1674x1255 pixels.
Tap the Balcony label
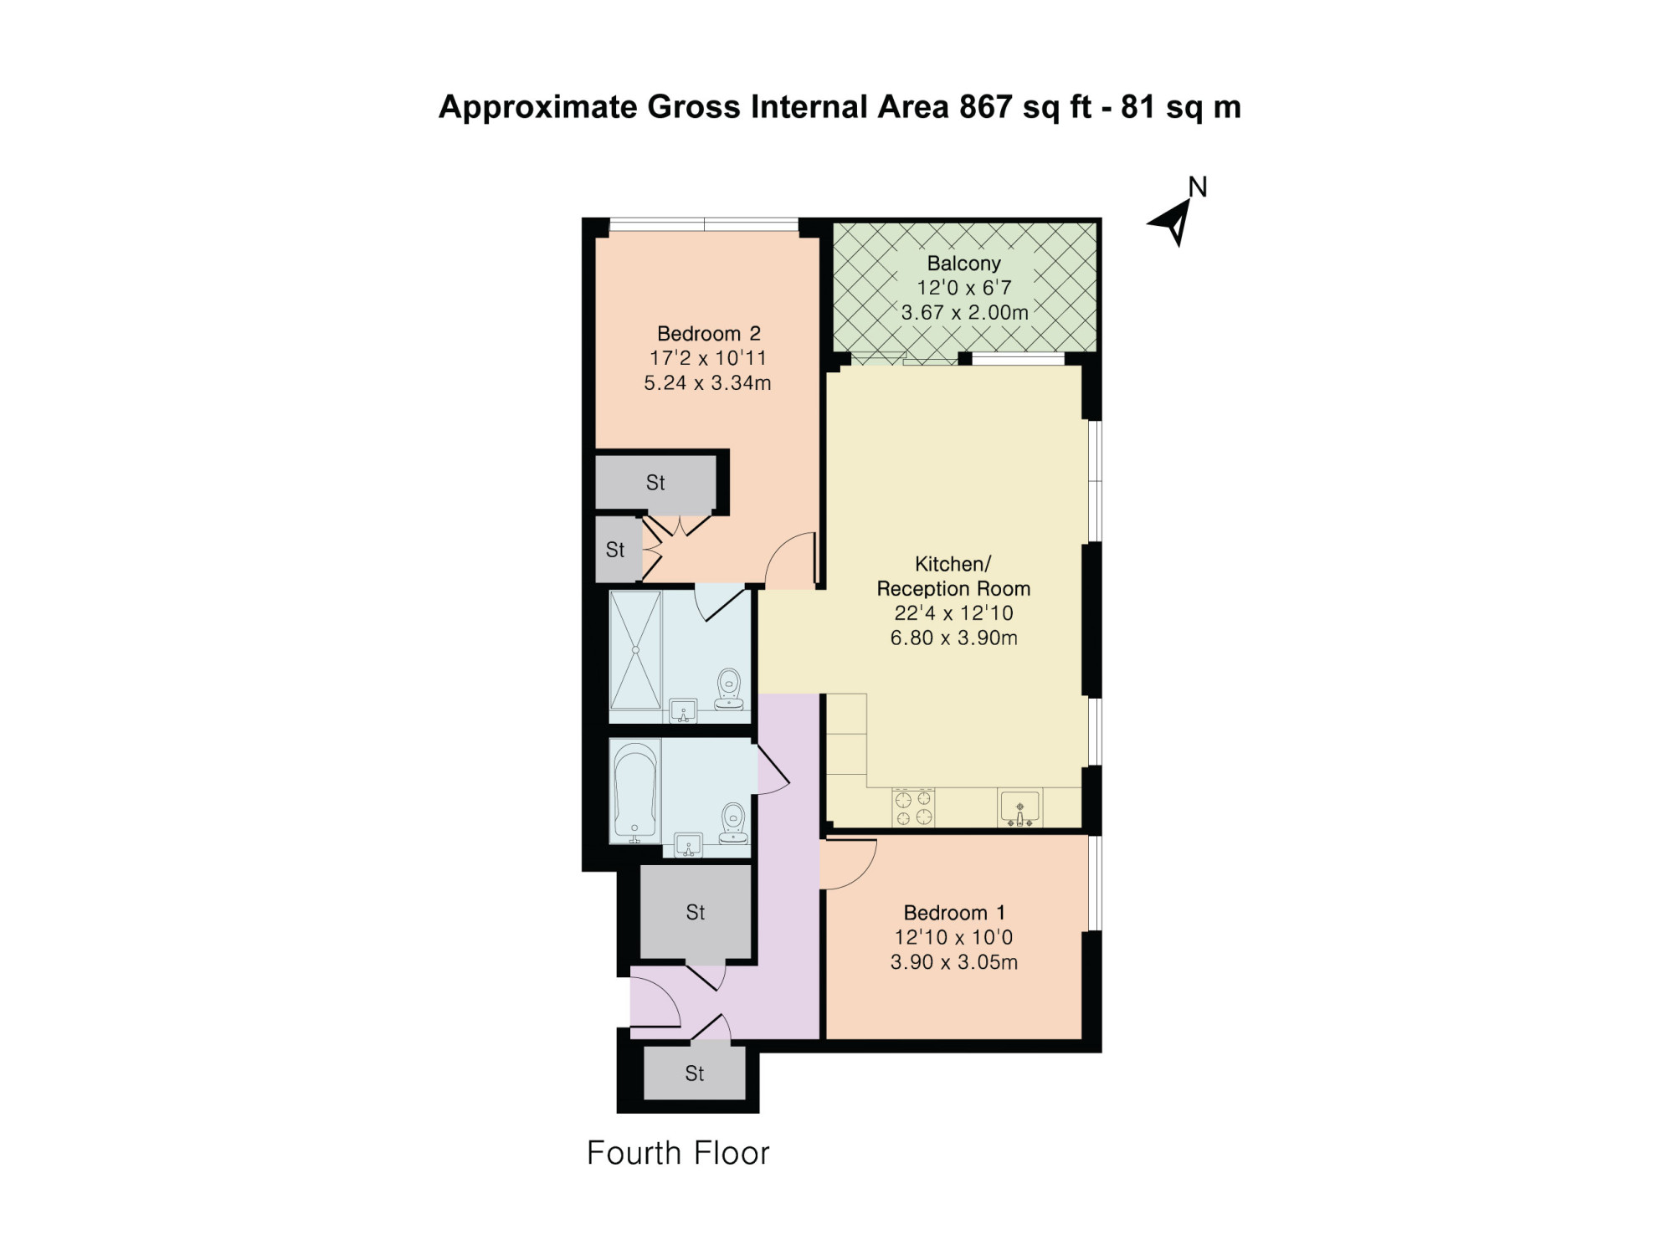(x=963, y=263)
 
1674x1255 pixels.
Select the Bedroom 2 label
(x=708, y=333)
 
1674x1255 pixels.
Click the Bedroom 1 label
(x=954, y=912)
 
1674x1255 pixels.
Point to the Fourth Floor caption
(x=678, y=1153)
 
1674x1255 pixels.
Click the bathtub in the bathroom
(x=635, y=791)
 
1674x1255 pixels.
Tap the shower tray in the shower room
(x=635, y=649)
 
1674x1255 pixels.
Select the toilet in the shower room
(x=729, y=689)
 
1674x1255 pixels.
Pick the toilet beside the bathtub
(x=733, y=822)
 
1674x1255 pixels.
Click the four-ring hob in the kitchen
(x=913, y=807)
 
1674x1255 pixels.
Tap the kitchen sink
(x=1019, y=808)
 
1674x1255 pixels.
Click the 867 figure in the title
(x=986, y=107)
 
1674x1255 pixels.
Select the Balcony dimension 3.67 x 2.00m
(x=964, y=312)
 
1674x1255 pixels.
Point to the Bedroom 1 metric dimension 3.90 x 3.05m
(x=954, y=962)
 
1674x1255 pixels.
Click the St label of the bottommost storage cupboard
(x=694, y=1073)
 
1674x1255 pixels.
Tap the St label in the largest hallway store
(x=696, y=912)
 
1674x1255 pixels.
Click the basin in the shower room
(x=684, y=710)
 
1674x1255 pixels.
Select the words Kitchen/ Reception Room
(x=953, y=576)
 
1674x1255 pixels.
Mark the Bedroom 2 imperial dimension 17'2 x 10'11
(x=708, y=358)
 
